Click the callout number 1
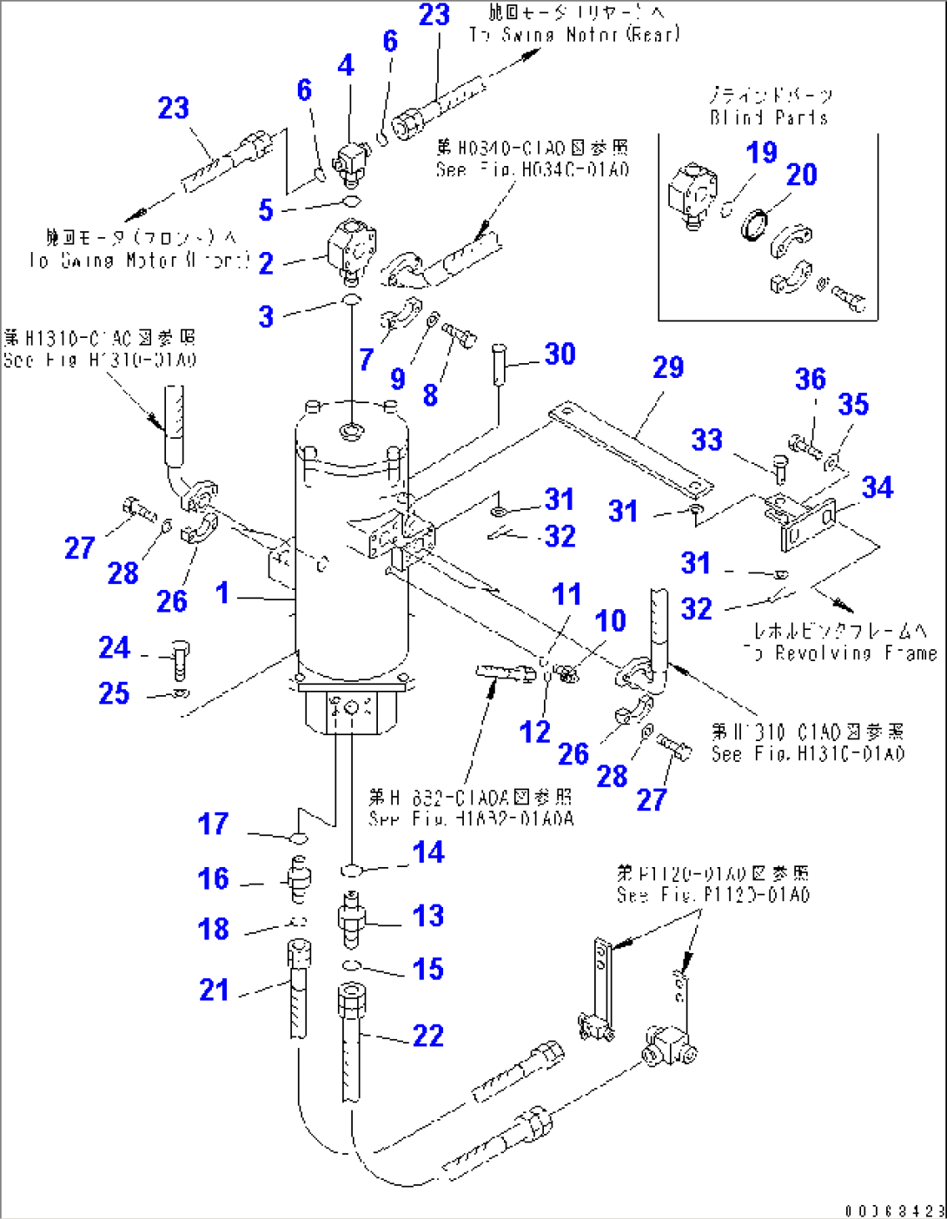tap(222, 593)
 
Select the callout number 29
tap(668, 368)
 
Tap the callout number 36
tap(810, 379)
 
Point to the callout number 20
tap(801, 175)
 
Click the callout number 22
tap(427, 1036)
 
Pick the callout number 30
tap(560, 354)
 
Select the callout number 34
tap(877, 487)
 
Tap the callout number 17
tap(213, 824)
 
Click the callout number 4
tap(346, 65)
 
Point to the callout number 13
tap(427, 916)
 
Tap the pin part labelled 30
tap(499, 363)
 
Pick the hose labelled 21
tap(296, 990)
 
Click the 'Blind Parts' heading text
tap(769, 117)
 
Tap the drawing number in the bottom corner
tap(894, 1209)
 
